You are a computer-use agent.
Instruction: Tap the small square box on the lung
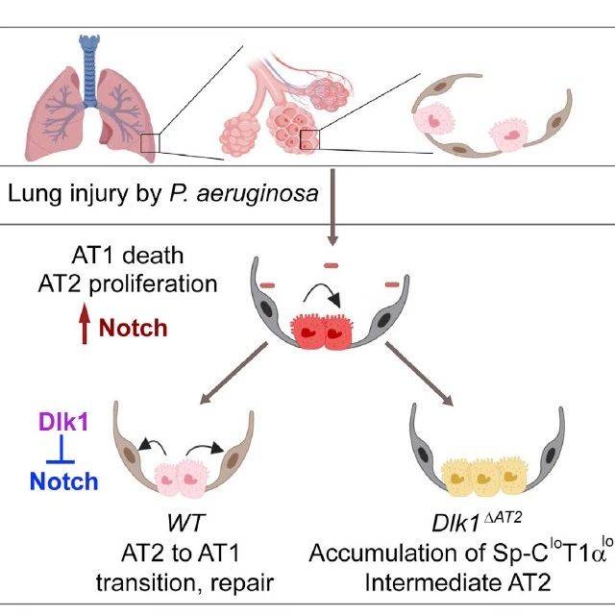click(149, 143)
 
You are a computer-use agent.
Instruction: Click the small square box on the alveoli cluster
click(308, 139)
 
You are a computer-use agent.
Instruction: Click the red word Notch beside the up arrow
click(133, 328)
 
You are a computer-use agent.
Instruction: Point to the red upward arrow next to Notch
click(84, 328)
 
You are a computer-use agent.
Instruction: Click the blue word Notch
click(62, 479)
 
